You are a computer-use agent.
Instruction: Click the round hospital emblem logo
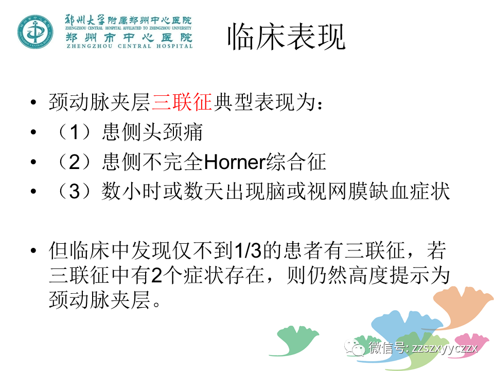click(36, 32)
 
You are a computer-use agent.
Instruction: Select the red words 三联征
click(182, 102)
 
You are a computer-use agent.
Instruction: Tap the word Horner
click(235, 161)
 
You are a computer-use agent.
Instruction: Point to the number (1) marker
click(75, 132)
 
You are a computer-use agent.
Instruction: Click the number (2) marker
click(75, 161)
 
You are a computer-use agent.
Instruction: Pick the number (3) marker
click(75, 191)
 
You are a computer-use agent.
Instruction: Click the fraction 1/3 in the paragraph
click(248, 250)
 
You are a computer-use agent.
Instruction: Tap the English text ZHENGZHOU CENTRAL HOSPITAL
click(130, 46)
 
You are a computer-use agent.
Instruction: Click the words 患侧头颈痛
click(152, 132)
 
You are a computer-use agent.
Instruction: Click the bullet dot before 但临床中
click(34, 251)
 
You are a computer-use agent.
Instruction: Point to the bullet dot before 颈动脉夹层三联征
click(34, 102)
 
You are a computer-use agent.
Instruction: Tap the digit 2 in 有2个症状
click(156, 275)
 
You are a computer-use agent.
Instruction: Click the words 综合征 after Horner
click(296, 161)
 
